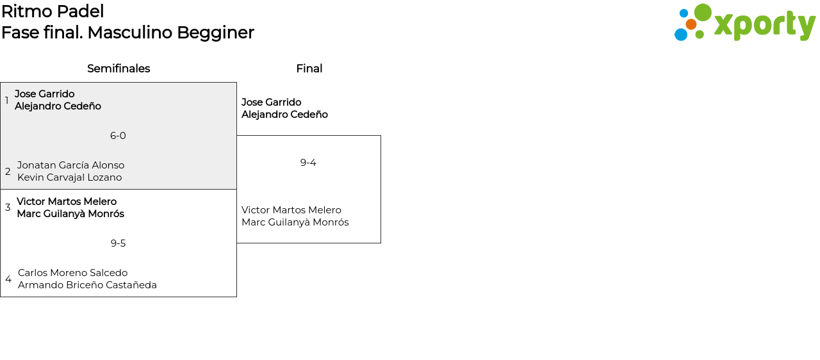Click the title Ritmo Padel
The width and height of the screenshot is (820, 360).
click(53, 12)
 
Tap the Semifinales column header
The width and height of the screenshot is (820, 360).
click(119, 69)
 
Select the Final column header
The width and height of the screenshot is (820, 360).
click(309, 69)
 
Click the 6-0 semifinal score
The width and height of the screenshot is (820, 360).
click(118, 136)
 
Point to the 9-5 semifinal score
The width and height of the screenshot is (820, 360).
click(118, 243)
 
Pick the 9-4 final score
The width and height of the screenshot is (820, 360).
click(308, 163)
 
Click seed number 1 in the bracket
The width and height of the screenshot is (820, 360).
click(7, 101)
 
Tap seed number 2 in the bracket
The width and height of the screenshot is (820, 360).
click(8, 172)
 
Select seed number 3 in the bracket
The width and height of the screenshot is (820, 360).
click(8, 208)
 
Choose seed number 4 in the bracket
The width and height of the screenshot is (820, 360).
click(8, 279)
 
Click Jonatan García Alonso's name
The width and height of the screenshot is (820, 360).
click(70, 165)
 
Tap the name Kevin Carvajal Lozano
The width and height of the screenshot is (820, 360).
click(69, 177)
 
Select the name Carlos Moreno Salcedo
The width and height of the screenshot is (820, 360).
click(72, 273)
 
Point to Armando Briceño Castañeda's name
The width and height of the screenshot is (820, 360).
click(87, 285)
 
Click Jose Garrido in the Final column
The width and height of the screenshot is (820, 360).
click(271, 102)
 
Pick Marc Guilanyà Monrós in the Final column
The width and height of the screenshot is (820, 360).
click(295, 222)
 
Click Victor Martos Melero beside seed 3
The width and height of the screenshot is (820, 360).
click(67, 202)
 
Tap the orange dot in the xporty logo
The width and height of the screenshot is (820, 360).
click(691, 24)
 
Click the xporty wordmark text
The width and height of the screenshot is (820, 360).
click(764, 26)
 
